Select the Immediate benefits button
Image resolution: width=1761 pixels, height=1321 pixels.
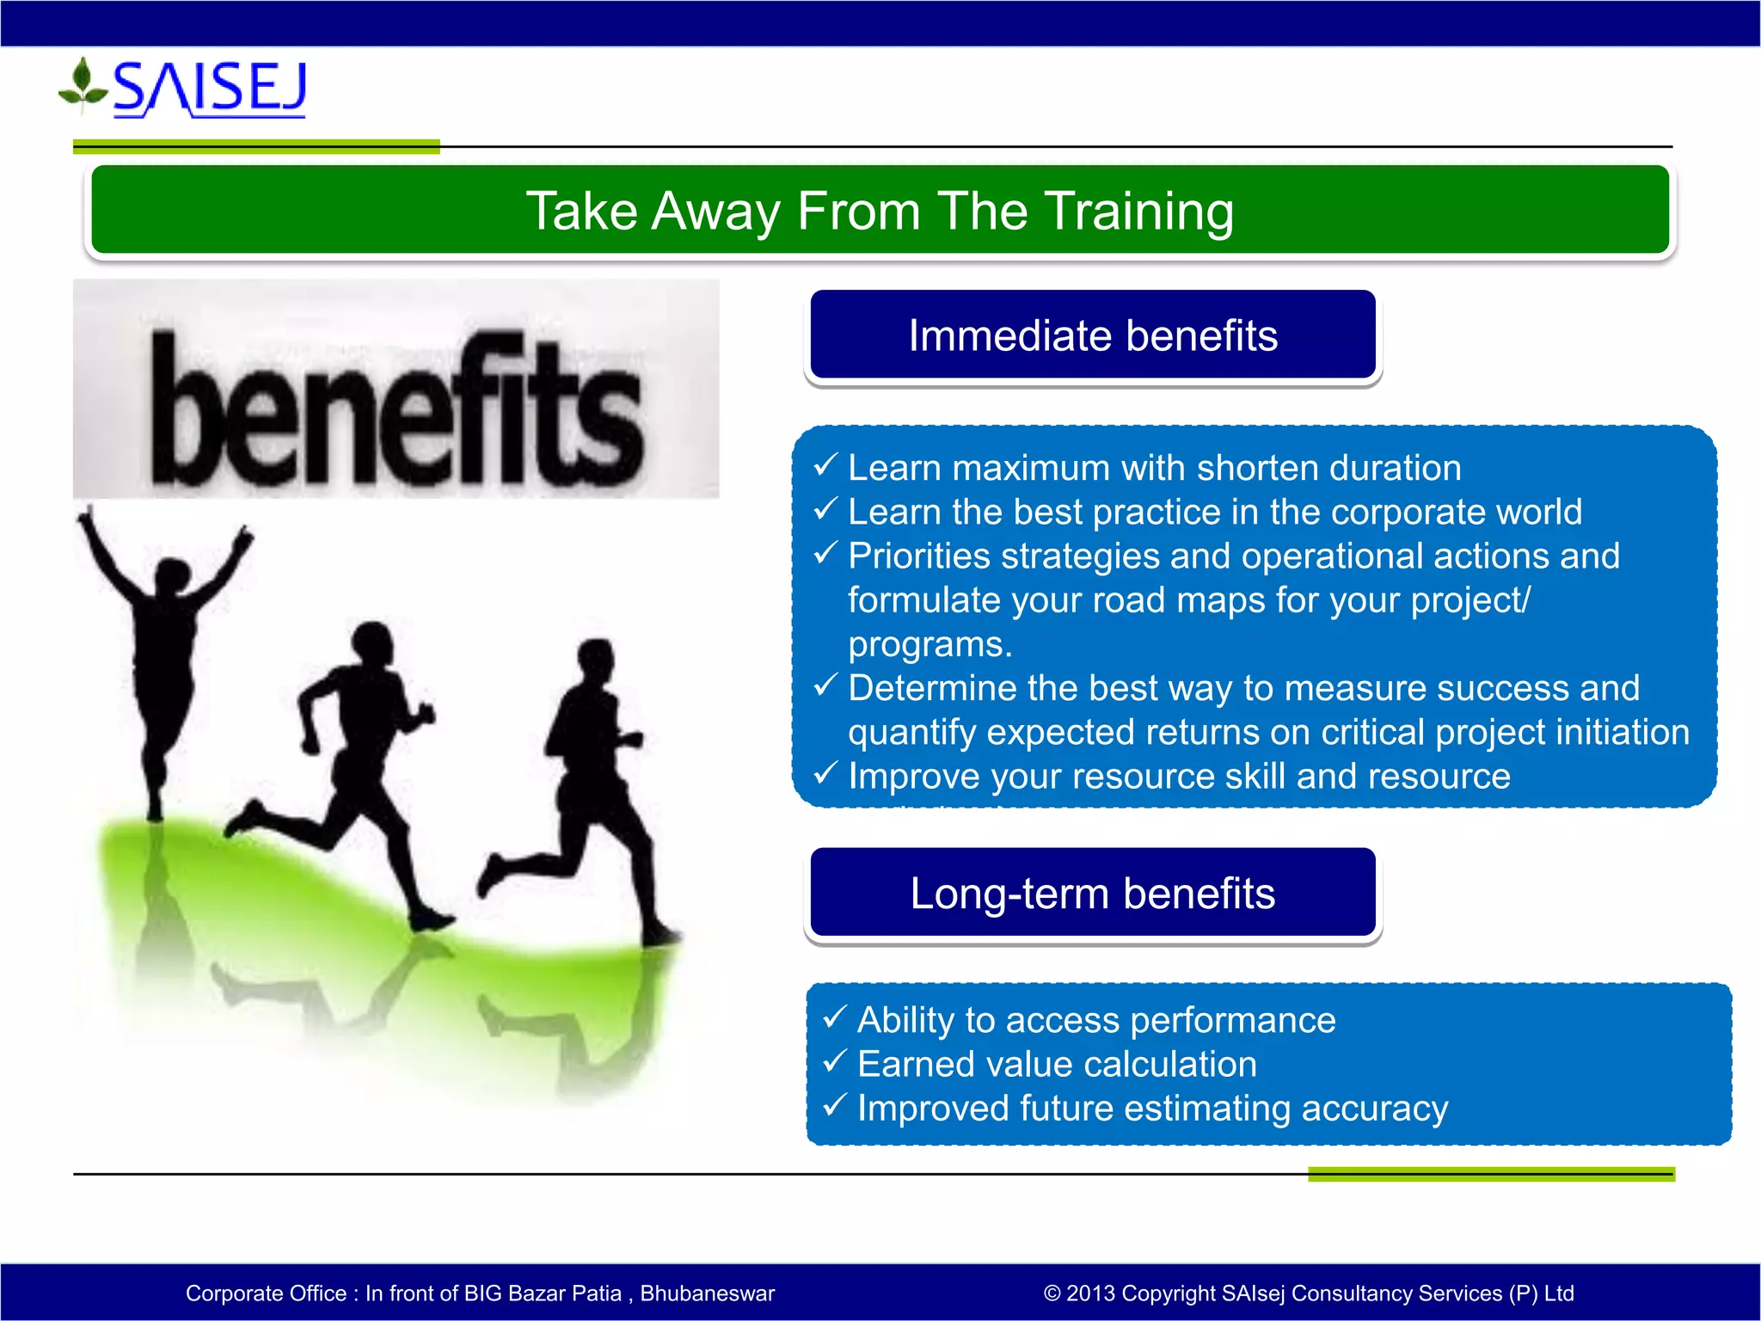pos(1093,335)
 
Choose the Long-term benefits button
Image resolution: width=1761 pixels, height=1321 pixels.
pos(1093,893)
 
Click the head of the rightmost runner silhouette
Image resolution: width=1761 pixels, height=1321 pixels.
pos(597,661)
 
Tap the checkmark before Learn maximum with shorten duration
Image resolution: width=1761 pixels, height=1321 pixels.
pos(825,465)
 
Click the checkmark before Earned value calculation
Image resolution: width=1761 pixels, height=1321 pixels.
pos(835,1061)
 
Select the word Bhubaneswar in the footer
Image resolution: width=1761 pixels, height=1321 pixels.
pos(708,1293)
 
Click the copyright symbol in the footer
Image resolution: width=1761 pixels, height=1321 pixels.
pos(1052,1293)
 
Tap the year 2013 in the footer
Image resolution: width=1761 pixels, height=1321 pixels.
pos(1091,1293)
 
